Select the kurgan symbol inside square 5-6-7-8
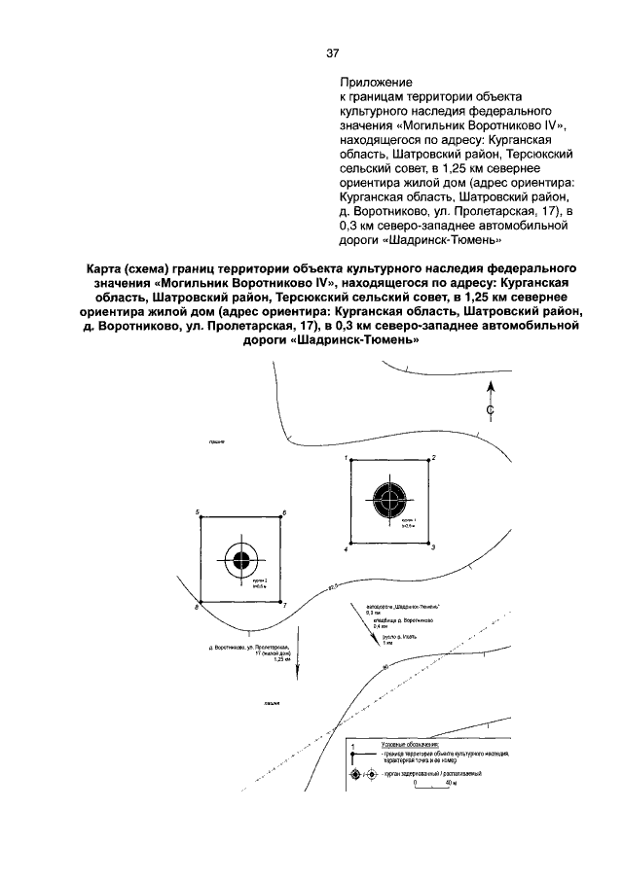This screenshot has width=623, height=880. (x=241, y=559)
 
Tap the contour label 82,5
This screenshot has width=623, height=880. (x=336, y=586)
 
